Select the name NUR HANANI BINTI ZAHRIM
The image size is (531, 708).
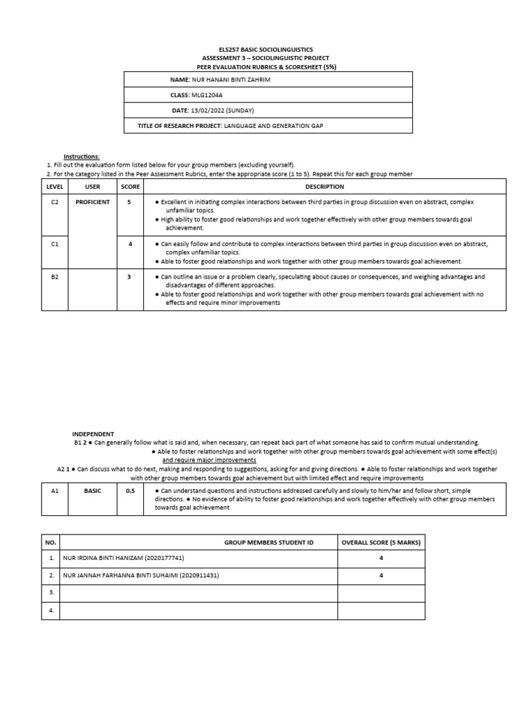coord(231,80)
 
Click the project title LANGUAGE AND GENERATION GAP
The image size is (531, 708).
coord(273,125)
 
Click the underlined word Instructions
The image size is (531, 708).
coord(82,157)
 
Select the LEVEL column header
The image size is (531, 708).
coord(55,187)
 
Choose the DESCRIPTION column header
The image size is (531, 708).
coord(324,187)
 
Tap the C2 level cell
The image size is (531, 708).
coord(55,202)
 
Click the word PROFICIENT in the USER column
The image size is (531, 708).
coord(93,202)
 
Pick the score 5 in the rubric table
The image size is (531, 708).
coord(129,202)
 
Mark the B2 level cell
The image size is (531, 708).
coord(55,277)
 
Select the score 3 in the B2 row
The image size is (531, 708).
coord(129,277)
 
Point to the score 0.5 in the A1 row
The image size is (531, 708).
coord(129,490)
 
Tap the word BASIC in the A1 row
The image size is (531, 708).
coord(93,490)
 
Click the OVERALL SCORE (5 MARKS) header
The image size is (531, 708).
coord(381,543)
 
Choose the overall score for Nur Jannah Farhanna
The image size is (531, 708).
coord(381,575)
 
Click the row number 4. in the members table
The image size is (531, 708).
coord(50,611)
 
